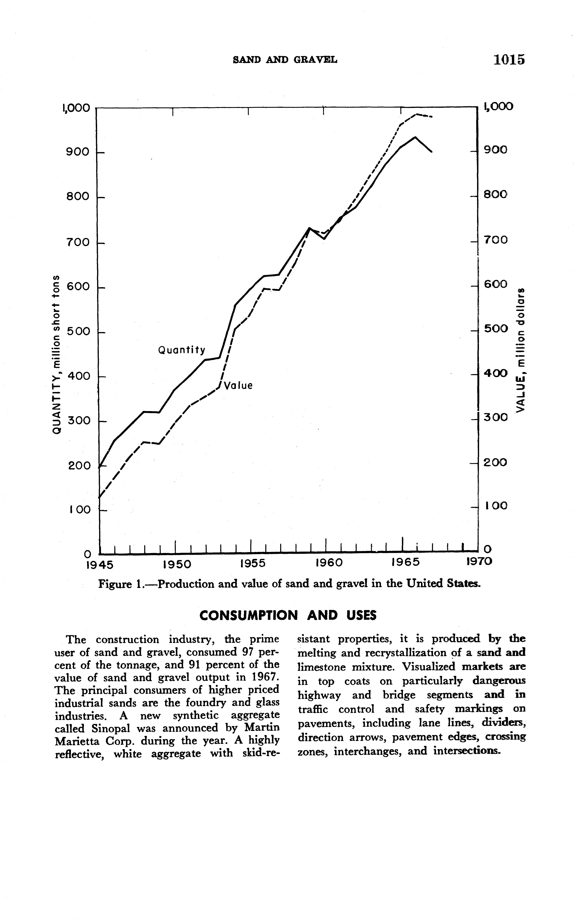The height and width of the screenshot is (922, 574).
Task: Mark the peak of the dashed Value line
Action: [417, 114]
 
